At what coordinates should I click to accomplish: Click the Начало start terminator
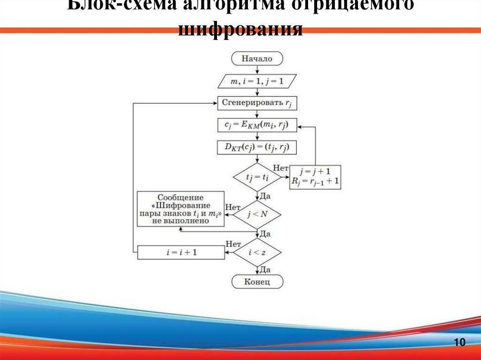[257, 59]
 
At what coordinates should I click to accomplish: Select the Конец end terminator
[257, 282]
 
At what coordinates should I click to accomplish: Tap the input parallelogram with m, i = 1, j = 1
[257, 81]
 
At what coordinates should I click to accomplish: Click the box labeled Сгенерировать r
[257, 103]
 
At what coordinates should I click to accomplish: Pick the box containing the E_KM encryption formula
[257, 125]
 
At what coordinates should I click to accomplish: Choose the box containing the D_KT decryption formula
[257, 147]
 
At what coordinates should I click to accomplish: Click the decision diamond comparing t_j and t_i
[257, 177]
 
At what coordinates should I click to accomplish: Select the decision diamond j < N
[257, 215]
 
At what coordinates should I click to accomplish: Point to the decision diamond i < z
[257, 253]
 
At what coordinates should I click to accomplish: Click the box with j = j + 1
[315, 177]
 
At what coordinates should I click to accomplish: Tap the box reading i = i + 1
[181, 253]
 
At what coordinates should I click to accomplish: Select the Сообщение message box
[181, 209]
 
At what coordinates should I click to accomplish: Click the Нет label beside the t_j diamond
[280, 168]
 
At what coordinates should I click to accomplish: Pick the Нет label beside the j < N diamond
[233, 207]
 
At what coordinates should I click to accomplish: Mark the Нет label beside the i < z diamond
[233, 244]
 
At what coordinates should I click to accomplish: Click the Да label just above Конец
[265, 270]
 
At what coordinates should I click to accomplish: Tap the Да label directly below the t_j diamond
[265, 195]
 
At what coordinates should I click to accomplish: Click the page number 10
[459, 343]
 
